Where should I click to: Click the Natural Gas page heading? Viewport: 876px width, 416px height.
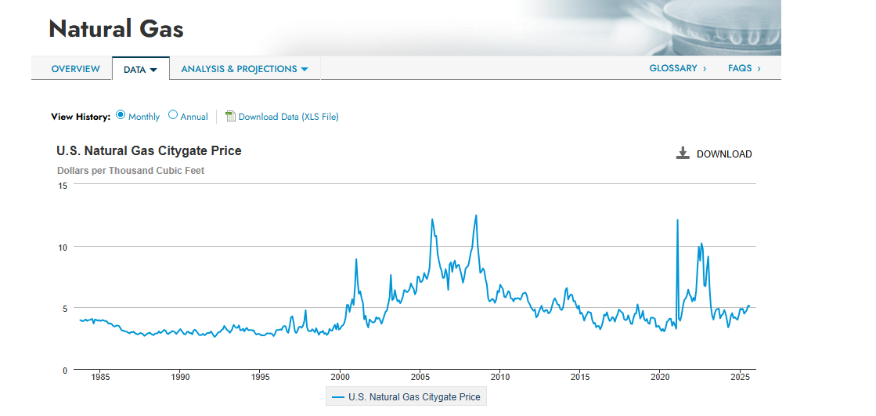[116, 29]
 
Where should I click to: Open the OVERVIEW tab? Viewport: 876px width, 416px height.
[75, 69]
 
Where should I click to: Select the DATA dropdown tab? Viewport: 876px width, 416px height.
[140, 69]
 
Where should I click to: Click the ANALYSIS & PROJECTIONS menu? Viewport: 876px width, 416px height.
[245, 69]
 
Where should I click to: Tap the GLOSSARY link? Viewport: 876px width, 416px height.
[678, 68]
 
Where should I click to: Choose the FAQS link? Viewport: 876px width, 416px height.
[744, 68]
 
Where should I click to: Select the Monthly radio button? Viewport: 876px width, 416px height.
[121, 115]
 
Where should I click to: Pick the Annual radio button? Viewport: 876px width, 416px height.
[173, 115]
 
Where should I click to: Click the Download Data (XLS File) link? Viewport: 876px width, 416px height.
[288, 117]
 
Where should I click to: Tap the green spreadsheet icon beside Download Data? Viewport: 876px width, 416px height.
[230, 116]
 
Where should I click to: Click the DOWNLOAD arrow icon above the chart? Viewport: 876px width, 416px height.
[683, 154]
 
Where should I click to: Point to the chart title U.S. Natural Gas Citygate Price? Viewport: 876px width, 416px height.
[150, 151]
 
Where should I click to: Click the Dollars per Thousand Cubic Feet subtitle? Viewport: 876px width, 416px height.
[131, 171]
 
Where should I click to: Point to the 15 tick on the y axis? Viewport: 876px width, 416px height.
[63, 186]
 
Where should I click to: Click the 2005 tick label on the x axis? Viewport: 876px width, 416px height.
[420, 377]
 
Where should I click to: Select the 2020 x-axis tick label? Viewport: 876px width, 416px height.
[660, 377]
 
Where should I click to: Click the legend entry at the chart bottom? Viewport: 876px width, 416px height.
[406, 397]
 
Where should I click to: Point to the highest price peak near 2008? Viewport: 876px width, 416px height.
[476, 215]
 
